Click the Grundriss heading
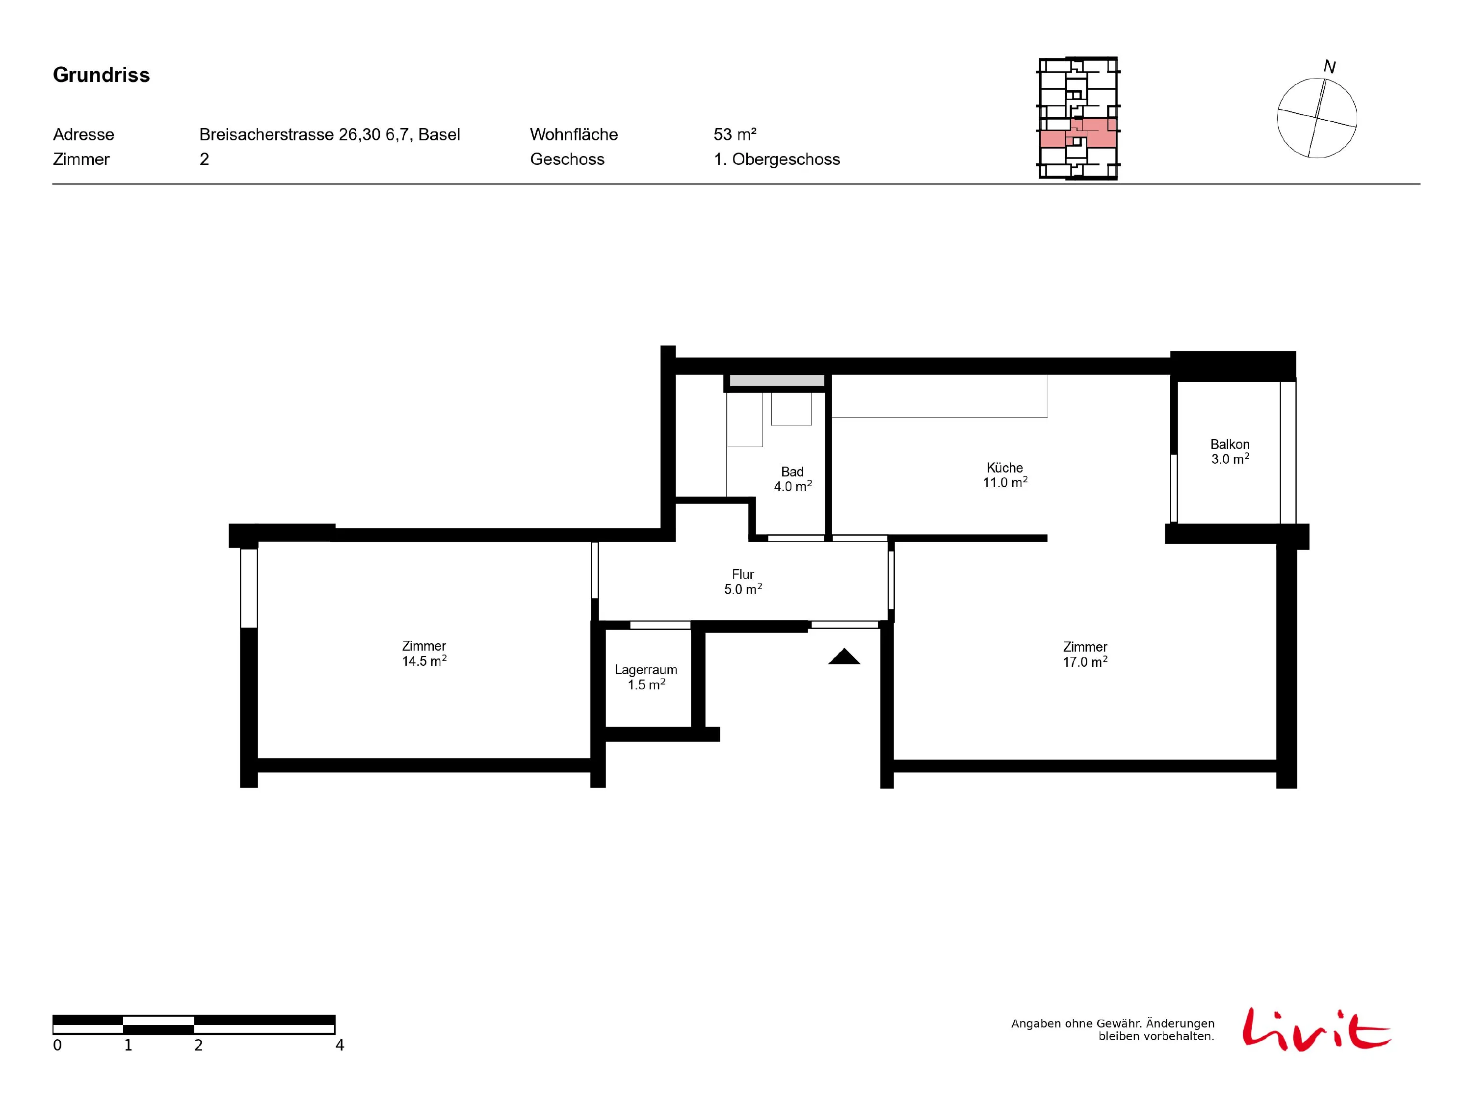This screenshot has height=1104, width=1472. click(101, 75)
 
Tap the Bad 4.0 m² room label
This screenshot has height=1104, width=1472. click(792, 479)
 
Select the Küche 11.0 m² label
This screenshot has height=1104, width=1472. click(1005, 475)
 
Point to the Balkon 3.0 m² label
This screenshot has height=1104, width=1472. click(1230, 451)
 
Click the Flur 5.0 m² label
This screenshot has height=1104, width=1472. click(743, 581)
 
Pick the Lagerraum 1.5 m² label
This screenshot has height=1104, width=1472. click(646, 677)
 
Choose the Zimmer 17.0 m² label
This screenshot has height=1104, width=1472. click(1085, 654)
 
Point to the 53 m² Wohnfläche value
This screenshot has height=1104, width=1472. click(735, 134)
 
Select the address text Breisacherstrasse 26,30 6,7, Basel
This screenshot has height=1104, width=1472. click(329, 135)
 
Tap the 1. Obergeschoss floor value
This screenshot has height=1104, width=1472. click(777, 159)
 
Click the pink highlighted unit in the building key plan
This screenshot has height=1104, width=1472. click(1078, 132)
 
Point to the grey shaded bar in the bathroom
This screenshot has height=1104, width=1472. click(777, 381)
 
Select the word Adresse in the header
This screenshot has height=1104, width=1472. click(83, 134)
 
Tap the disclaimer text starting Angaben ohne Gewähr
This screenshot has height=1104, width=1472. click(1113, 1029)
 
